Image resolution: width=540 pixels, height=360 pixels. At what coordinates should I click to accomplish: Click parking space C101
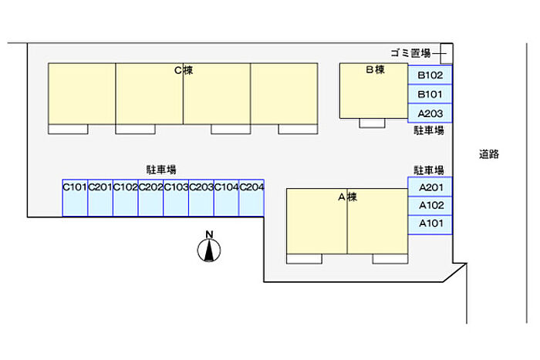tap(75, 199)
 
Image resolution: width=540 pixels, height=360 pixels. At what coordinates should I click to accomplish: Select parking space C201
tap(100, 199)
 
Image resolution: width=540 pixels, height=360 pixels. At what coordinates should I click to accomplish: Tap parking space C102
tap(126, 199)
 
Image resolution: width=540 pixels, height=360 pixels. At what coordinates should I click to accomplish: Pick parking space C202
tap(150, 199)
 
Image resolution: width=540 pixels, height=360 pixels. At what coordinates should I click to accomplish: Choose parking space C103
tap(176, 199)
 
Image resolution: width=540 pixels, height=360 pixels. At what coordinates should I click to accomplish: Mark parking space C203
tap(201, 199)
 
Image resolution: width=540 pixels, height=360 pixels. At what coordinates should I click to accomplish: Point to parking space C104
tap(226, 199)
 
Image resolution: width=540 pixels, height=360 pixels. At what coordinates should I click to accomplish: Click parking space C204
tap(251, 199)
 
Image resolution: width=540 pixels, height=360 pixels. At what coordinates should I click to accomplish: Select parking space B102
tap(430, 75)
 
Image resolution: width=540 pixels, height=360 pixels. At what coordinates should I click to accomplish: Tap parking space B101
tap(430, 94)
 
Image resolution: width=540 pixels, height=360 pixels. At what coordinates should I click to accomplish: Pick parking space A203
tap(430, 113)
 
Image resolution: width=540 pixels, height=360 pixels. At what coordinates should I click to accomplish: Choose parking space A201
tap(430, 187)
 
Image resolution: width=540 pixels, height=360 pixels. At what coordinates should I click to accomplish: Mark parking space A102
tap(430, 206)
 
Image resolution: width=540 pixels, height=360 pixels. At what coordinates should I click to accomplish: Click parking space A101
tap(430, 224)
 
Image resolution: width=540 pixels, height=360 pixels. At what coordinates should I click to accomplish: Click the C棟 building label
tap(183, 70)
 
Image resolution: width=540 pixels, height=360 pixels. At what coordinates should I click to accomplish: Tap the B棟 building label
tap(374, 70)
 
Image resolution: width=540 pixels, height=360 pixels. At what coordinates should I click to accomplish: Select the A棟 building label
tap(347, 197)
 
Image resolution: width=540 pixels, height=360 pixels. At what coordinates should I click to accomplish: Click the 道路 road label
tap(489, 154)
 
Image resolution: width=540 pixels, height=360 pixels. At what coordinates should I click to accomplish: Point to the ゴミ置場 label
tap(410, 53)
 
